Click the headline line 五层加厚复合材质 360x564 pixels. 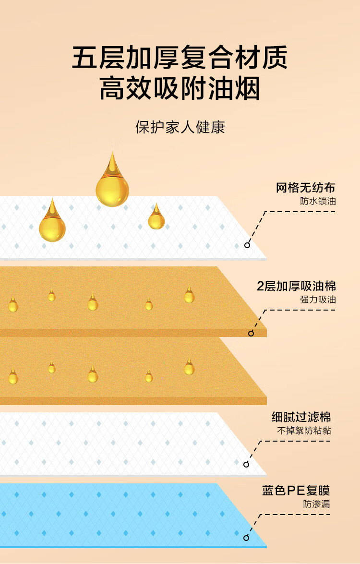pyautogui.click(x=180, y=59)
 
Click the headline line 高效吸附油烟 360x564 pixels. pyautogui.click(x=180, y=89)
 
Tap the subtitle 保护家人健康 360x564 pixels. pyautogui.click(x=180, y=127)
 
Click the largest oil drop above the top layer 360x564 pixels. pyautogui.click(x=112, y=185)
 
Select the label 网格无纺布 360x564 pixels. pyautogui.click(x=305, y=188)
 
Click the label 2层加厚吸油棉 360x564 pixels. pyautogui.click(x=296, y=287)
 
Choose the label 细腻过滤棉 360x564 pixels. pyautogui.click(x=301, y=417)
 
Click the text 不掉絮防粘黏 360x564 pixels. pyautogui.click(x=304, y=431)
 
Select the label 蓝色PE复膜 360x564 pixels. pyautogui.click(x=296, y=491)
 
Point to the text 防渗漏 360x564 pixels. pyautogui.click(x=316, y=504)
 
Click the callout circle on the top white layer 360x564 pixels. pyautogui.click(x=247, y=245)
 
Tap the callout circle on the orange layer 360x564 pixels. pyautogui.click(x=251, y=333)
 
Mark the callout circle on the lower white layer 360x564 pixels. pyautogui.click(x=246, y=464)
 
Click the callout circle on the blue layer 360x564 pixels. pyautogui.click(x=246, y=538)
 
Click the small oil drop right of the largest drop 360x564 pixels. pyautogui.click(x=156, y=218)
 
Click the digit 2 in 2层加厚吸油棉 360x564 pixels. pyautogui.click(x=261, y=287)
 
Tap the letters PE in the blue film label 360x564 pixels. pyautogui.click(x=293, y=491)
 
